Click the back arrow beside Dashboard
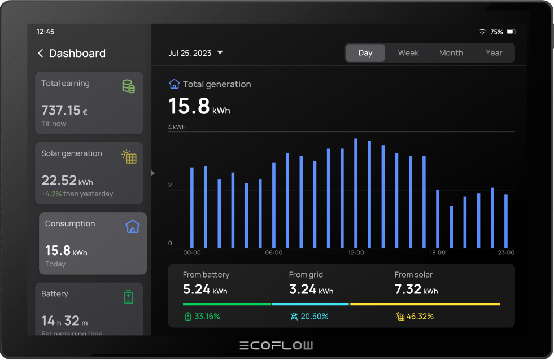[40, 54]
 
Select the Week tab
[408, 53]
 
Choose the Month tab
[451, 53]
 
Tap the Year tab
[494, 53]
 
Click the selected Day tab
[365, 53]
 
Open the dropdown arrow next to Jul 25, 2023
[220, 53]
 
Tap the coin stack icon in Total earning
[129, 86]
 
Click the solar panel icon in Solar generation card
[129, 156]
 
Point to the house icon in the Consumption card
[132, 227]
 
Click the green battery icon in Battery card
[129, 297]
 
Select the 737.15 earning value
[61, 111]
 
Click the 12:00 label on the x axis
[356, 253]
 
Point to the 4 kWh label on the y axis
[177, 128]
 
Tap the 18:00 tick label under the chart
[437, 253]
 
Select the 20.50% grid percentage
[314, 317]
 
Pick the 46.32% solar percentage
[420, 317]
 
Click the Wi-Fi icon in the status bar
[482, 32]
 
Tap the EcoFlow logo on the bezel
[276, 345]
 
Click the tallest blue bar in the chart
[356, 193]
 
